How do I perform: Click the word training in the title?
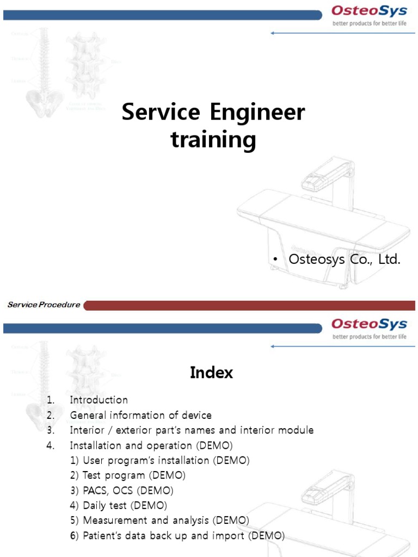(x=213, y=140)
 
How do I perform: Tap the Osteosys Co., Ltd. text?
(x=345, y=259)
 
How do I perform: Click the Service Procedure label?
(x=44, y=305)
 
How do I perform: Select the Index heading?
(x=211, y=373)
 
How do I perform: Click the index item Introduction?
(x=99, y=400)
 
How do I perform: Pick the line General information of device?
(x=141, y=415)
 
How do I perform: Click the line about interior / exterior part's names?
(x=192, y=430)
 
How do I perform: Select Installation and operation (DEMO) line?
(x=151, y=445)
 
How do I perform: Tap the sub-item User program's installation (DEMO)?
(x=159, y=460)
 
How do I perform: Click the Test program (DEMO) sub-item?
(x=128, y=475)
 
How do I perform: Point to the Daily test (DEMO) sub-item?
(x=119, y=505)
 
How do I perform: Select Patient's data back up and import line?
(x=177, y=536)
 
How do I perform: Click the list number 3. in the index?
(x=51, y=430)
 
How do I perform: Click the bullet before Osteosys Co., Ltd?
(x=276, y=260)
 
